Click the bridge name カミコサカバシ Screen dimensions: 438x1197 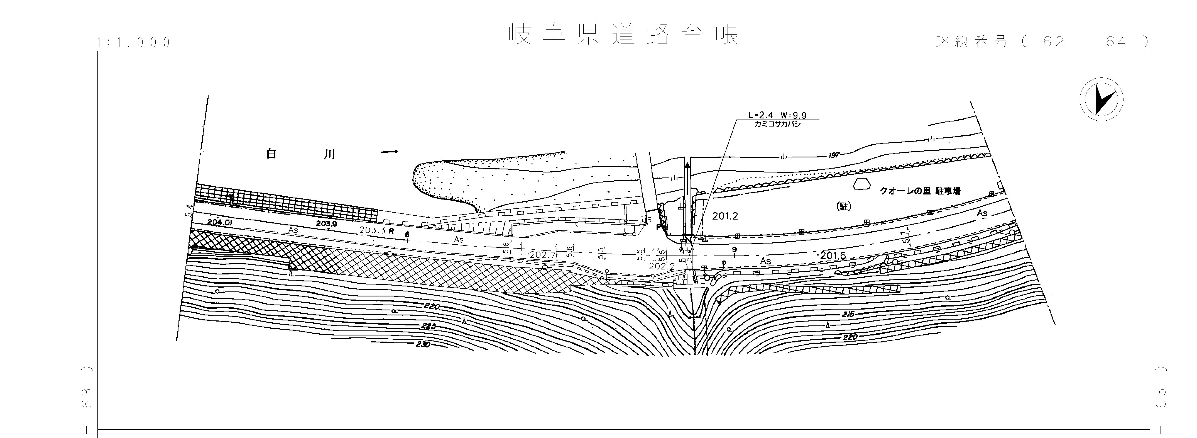pyautogui.click(x=777, y=125)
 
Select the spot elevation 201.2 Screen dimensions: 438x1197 pyautogui.click(x=725, y=216)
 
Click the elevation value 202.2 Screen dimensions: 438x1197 pyautogui.click(x=661, y=266)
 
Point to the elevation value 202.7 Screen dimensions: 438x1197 pyautogui.click(x=543, y=255)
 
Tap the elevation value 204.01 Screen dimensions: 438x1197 pyautogui.click(x=220, y=222)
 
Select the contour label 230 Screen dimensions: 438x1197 pyautogui.click(x=423, y=345)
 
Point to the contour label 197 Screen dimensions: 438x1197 pyautogui.click(x=834, y=155)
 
